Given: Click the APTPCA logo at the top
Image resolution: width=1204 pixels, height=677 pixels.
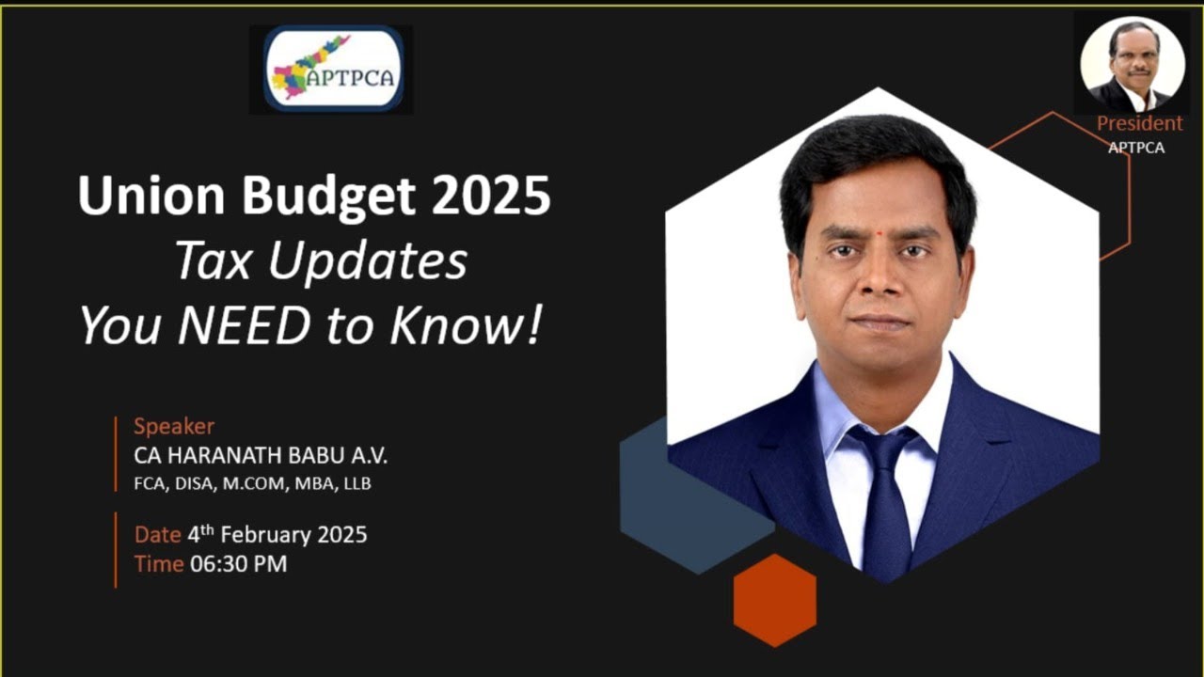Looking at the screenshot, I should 333,69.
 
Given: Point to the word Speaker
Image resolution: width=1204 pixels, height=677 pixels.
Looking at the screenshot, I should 174,426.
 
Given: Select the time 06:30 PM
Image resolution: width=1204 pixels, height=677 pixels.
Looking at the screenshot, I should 238,564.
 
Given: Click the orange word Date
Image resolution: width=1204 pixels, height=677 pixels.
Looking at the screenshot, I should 157,535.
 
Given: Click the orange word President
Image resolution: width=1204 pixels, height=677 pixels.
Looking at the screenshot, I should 1139,123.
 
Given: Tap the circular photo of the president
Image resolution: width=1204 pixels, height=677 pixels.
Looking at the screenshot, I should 1132,64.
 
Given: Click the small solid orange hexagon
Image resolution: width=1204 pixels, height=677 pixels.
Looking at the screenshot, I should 774,600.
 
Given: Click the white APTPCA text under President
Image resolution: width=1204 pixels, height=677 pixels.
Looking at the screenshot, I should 1135,148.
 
